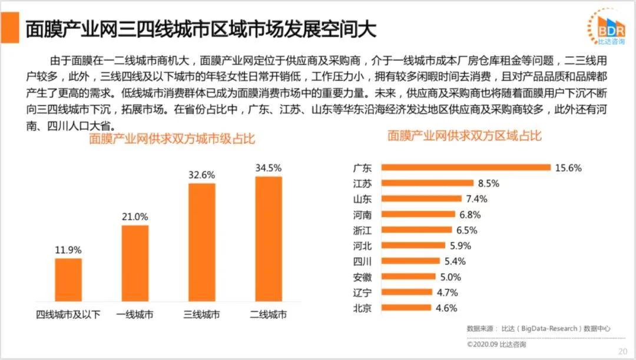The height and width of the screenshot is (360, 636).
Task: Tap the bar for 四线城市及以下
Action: point(68,280)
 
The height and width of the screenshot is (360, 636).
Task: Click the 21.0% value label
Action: point(135,217)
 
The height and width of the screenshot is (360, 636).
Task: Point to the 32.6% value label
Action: point(201,175)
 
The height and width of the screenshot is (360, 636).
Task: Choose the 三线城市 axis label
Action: point(202,315)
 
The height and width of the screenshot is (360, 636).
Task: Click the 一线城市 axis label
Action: point(135,315)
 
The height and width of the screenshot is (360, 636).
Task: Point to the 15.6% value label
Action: point(568,168)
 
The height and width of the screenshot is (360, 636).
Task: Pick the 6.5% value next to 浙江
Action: point(466,230)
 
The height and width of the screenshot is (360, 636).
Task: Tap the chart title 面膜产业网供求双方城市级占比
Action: point(171,140)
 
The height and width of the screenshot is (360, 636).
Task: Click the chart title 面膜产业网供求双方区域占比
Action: point(465,136)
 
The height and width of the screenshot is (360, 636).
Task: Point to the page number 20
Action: point(622,351)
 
